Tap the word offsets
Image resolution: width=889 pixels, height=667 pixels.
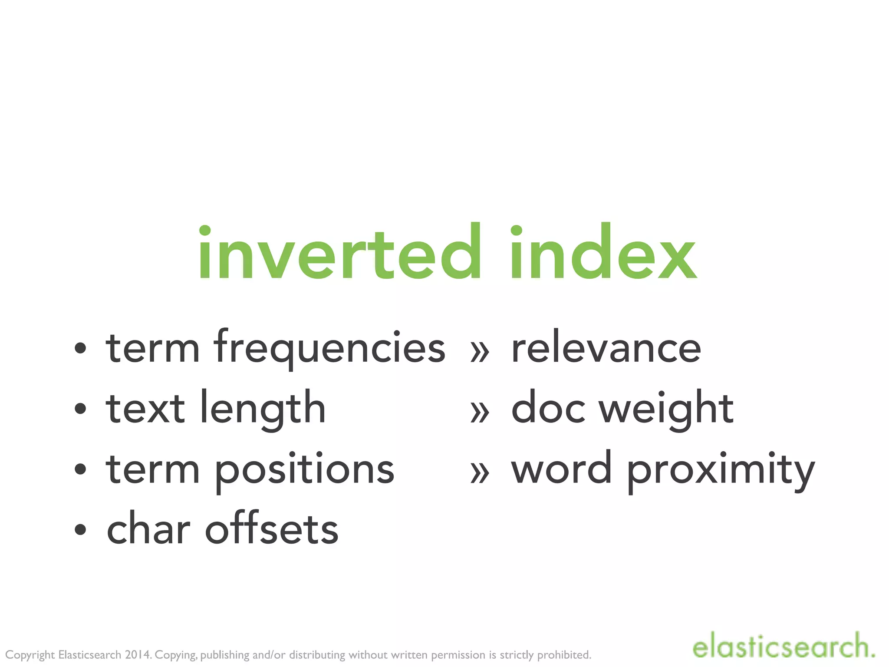pos(272,529)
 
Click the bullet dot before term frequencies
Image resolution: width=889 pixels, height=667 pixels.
pos(80,348)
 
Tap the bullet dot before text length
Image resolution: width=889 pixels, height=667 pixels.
pos(80,409)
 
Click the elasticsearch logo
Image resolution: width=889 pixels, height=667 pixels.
pos(783,646)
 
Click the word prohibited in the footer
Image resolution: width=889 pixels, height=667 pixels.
pos(564,655)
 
